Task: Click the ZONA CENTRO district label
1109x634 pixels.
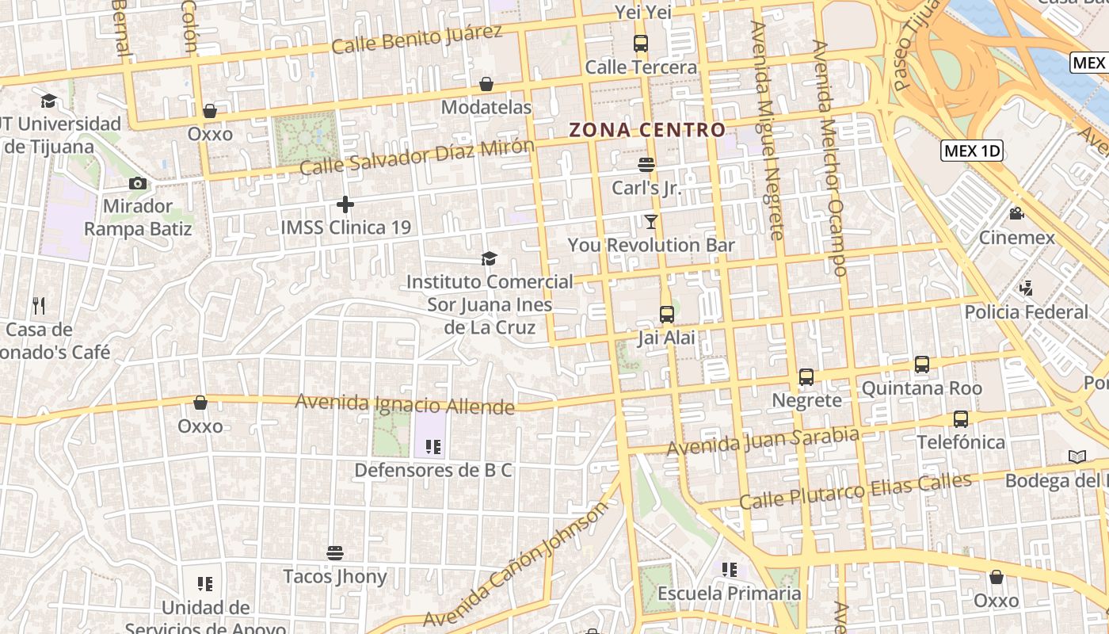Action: (647, 130)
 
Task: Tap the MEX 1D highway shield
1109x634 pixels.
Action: (972, 151)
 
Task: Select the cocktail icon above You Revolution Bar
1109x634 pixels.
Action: (651, 222)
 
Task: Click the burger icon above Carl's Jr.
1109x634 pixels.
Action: (646, 165)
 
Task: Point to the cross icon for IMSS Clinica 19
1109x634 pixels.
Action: (345, 204)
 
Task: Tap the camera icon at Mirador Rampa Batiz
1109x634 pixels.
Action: (138, 184)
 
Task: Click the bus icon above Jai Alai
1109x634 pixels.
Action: (667, 315)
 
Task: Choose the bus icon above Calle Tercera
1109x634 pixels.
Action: (641, 44)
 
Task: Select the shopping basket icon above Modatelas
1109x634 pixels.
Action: (486, 84)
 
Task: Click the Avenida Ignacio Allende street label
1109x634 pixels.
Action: (405, 405)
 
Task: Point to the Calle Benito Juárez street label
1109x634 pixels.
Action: (417, 39)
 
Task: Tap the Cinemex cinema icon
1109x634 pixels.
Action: (1016, 214)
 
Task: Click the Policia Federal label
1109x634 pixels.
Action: (1027, 312)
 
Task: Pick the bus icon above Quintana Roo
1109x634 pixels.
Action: (922, 365)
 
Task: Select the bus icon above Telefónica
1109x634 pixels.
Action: (961, 419)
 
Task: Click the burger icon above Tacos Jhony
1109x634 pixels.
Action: (335, 552)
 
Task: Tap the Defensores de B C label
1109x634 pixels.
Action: (433, 471)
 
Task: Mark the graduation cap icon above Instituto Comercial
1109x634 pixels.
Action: (490, 258)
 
